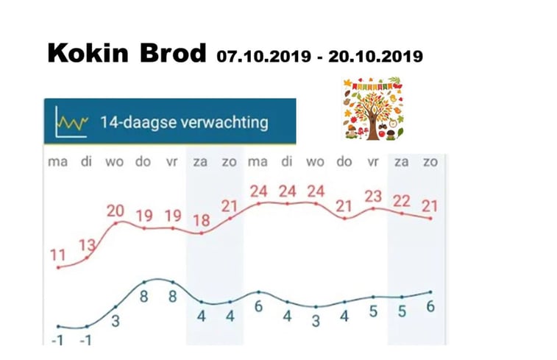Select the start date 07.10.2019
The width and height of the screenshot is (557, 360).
(262, 56)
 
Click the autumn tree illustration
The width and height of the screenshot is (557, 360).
(374, 109)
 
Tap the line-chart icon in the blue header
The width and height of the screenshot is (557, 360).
(73, 121)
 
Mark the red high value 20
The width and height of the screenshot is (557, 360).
(116, 211)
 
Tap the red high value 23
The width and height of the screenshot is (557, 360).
(374, 197)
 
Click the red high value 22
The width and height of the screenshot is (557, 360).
(402, 202)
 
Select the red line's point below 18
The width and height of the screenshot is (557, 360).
(201, 234)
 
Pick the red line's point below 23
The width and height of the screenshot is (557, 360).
(374, 208)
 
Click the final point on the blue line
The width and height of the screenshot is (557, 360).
(430, 292)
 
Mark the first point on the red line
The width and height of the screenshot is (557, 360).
(58, 267)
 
